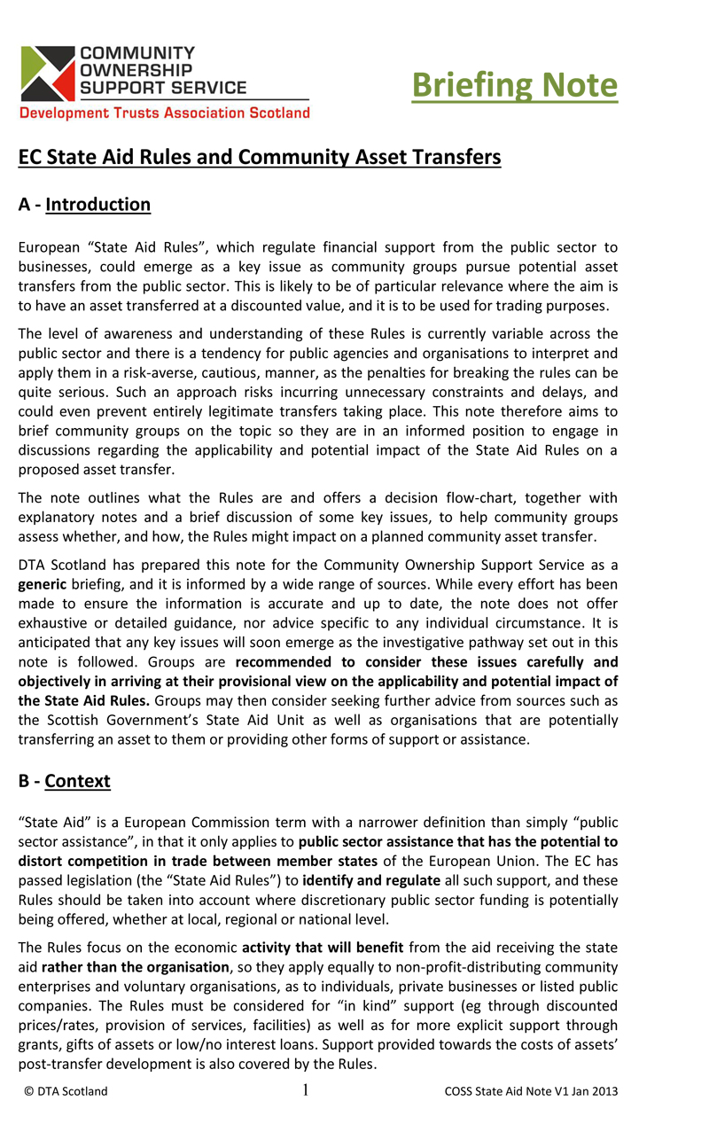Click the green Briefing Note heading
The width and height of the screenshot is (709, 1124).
click(x=515, y=85)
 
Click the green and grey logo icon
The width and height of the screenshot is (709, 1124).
click(x=47, y=74)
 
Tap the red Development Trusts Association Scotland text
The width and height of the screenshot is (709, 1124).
click(x=165, y=113)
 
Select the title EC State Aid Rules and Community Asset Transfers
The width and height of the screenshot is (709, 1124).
click(x=260, y=158)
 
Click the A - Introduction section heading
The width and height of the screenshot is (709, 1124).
click(x=85, y=205)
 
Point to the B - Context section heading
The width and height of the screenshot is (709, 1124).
click(x=65, y=781)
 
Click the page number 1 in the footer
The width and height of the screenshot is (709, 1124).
click(x=306, y=1090)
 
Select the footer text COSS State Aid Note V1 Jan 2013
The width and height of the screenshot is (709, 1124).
click(x=531, y=1091)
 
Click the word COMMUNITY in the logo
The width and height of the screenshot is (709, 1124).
click(x=136, y=53)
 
